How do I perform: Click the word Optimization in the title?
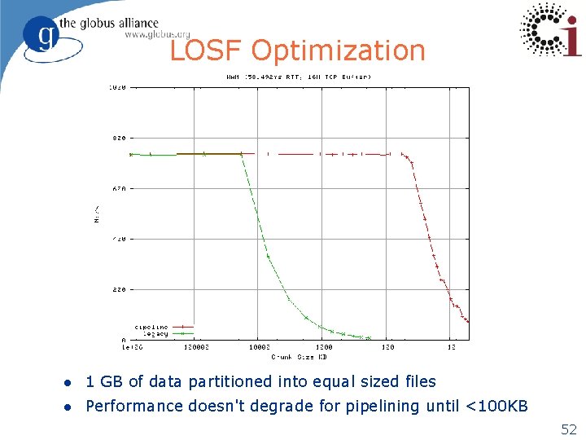(x=338, y=51)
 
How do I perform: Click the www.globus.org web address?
(x=157, y=34)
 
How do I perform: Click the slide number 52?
(x=567, y=429)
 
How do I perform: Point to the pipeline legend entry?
(x=151, y=328)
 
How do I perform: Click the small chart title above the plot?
(x=298, y=77)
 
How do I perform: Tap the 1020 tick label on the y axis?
(x=117, y=87)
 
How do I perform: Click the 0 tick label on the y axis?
(x=124, y=340)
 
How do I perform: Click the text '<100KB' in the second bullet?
(x=497, y=406)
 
